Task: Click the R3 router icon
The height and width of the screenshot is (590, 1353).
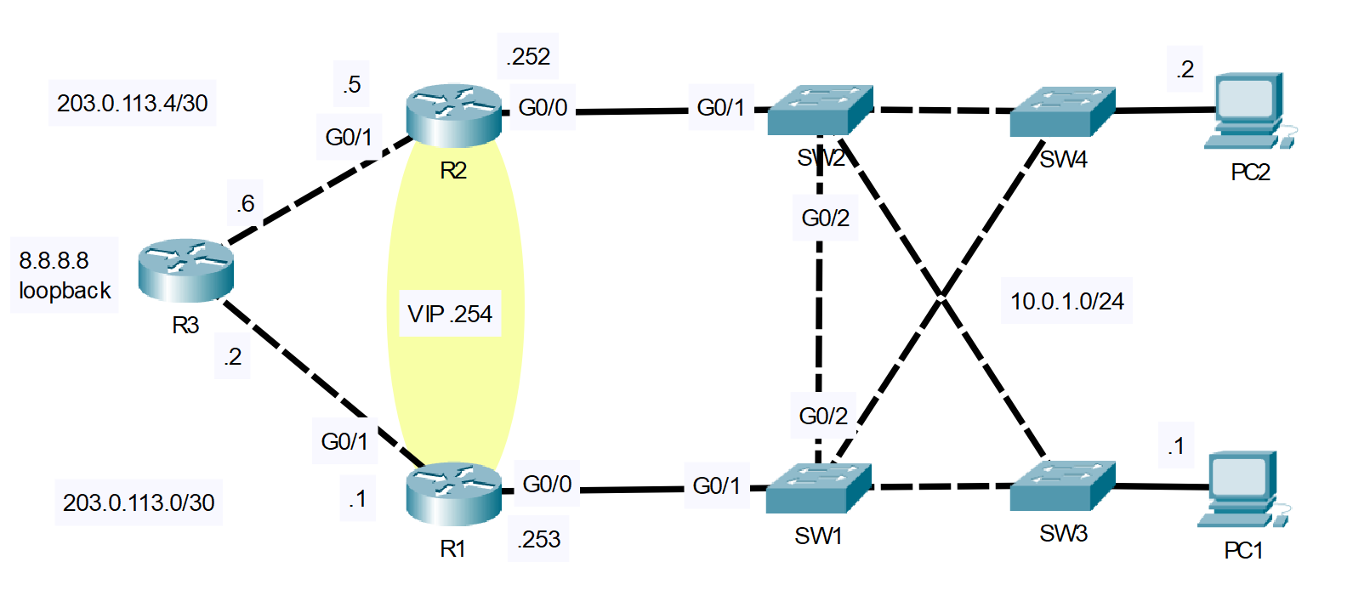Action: click(x=185, y=269)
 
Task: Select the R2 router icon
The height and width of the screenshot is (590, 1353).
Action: click(x=453, y=114)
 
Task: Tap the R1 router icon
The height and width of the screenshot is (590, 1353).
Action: click(x=453, y=493)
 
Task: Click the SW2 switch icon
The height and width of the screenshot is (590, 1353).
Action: click(x=820, y=110)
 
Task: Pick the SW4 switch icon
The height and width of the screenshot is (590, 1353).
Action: click(x=1062, y=111)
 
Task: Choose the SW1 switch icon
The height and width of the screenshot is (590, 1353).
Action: click(x=818, y=488)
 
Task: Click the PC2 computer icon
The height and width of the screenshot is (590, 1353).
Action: click(x=1248, y=111)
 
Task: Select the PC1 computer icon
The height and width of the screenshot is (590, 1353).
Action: click(x=1242, y=489)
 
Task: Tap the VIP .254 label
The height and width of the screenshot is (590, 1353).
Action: click(x=450, y=314)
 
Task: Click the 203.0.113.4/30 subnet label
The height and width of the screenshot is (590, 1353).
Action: click(x=132, y=103)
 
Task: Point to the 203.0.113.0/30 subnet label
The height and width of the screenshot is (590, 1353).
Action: click(x=139, y=502)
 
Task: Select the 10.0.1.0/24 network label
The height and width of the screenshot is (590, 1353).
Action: click(x=1066, y=301)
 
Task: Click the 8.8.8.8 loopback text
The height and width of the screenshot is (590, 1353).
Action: click(x=65, y=275)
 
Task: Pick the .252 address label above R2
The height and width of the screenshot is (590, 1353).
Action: click(x=528, y=56)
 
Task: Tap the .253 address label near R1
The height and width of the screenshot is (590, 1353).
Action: click(x=539, y=539)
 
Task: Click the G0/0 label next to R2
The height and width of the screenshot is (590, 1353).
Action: click(x=543, y=107)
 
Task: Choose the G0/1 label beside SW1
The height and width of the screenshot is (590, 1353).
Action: click(x=716, y=485)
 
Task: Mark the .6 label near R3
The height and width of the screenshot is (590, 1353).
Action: click(x=245, y=203)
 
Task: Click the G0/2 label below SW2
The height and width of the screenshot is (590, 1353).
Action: click(x=825, y=218)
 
